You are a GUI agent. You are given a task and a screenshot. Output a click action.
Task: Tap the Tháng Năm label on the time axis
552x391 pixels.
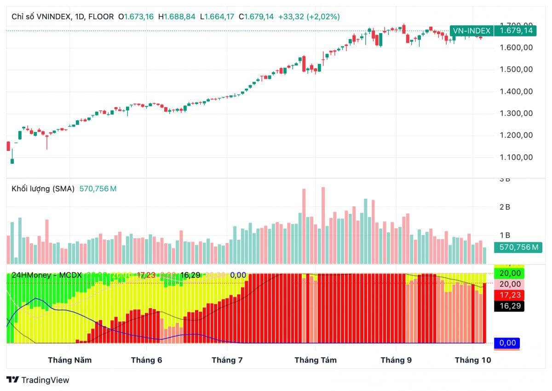[x=69, y=360]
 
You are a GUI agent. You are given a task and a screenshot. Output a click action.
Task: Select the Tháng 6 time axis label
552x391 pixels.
[x=146, y=360]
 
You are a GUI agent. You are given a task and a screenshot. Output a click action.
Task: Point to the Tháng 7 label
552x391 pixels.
[x=227, y=360]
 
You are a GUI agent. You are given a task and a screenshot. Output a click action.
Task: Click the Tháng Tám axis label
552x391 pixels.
[x=315, y=360]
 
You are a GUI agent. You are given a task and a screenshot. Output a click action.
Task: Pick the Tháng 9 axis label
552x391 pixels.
[x=396, y=360]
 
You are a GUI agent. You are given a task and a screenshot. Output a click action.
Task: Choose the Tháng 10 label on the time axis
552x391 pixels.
[x=473, y=360]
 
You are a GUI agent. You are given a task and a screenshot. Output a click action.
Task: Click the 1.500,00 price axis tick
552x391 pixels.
[x=516, y=69]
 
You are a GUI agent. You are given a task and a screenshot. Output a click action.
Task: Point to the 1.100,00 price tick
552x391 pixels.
[x=516, y=157]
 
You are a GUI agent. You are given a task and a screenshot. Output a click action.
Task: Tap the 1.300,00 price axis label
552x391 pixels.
[x=516, y=114]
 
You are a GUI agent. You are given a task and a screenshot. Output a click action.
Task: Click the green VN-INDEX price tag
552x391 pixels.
[x=471, y=31]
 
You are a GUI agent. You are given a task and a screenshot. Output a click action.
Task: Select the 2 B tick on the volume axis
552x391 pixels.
[x=505, y=207]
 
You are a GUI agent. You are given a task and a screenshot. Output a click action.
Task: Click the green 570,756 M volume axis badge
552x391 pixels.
[x=518, y=247]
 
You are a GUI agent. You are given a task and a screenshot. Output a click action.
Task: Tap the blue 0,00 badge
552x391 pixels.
[x=507, y=343]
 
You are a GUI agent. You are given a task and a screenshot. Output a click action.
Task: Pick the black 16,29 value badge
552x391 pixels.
[x=509, y=306]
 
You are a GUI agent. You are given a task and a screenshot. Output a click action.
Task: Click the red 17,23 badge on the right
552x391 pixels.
[x=509, y=295]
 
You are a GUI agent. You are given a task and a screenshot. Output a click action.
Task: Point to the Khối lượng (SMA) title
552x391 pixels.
[x=43, y=189]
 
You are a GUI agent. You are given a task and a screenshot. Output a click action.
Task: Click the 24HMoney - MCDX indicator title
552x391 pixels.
[x=46, y=275]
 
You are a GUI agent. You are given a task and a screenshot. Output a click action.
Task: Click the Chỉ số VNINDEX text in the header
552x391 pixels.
[x=41, y=17]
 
